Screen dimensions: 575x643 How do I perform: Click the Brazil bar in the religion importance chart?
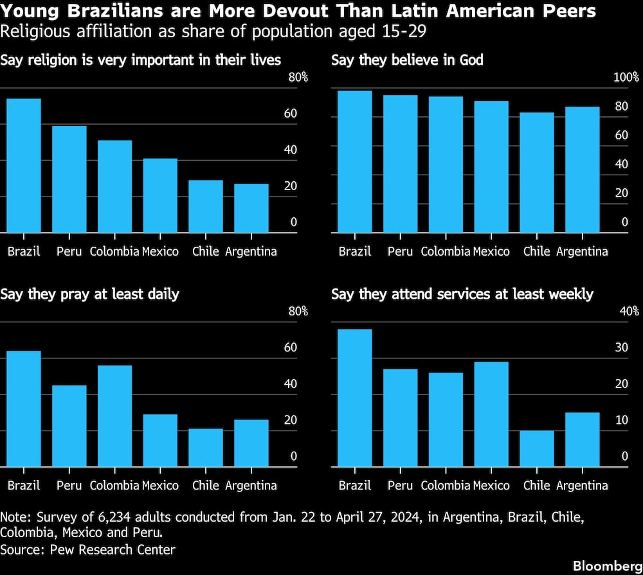point(24,166)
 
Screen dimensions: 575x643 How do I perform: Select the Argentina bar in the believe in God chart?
point(582,170)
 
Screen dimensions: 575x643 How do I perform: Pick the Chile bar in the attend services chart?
point(537,448)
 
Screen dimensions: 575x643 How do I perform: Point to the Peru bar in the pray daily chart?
point(69,426)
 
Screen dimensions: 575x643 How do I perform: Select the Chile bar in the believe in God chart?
point(537,172)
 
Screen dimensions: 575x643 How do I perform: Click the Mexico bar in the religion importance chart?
point(160,195)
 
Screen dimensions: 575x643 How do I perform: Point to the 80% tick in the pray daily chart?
point(298,311)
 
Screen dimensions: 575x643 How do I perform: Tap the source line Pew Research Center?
point(88,549)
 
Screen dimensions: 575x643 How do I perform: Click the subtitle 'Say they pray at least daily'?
point(90,294)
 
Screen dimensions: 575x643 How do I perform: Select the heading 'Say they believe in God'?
point(407,60)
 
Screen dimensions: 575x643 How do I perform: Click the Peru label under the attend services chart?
point(400,485)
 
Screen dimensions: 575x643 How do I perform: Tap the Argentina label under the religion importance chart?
point(251,251)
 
